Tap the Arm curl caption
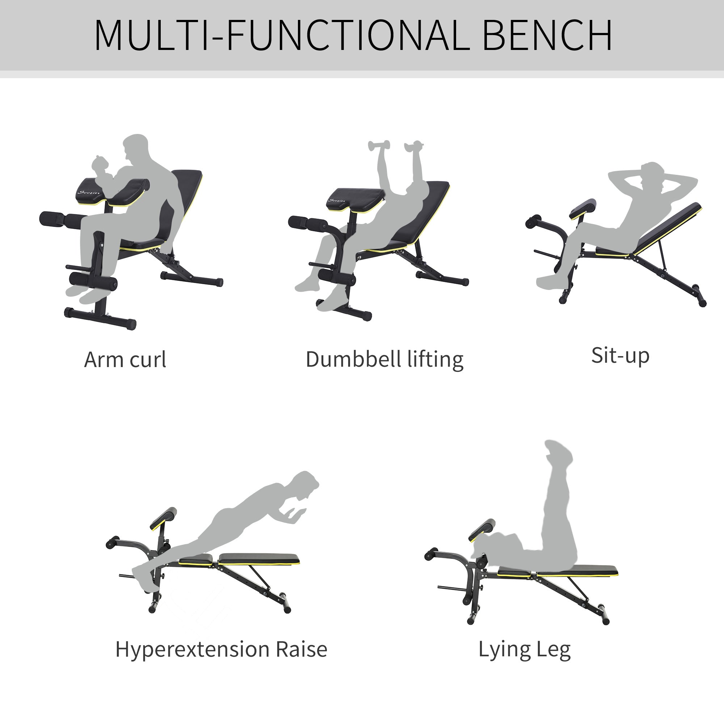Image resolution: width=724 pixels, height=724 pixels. tap(125, 360)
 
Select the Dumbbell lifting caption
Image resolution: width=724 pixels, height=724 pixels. tap(384, 360)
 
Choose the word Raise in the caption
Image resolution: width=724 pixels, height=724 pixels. tap(301, 649)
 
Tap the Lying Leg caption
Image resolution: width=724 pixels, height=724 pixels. tap(525, 650)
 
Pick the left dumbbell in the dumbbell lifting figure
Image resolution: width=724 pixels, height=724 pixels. tap(379, 146)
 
